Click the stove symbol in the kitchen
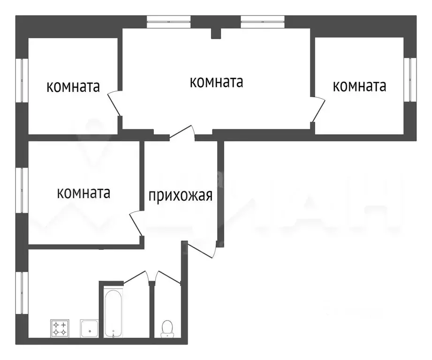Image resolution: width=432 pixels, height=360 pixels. pos(60,328)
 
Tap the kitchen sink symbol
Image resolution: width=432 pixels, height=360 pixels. pos(89,328)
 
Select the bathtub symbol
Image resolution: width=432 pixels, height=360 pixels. pos(113,313)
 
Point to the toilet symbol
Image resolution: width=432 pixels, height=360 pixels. pos(167,328)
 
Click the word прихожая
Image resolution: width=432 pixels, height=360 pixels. pos(181,195)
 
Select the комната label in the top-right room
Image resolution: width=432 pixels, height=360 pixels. pos(359,85)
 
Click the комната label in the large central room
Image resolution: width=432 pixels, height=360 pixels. pos(216,82)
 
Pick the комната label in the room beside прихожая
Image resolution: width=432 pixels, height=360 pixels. pos(84,193)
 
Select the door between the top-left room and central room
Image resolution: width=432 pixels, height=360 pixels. pos(114,104)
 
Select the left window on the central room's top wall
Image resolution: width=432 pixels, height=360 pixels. pos(168,20)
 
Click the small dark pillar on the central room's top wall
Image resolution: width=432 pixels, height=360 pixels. pos(216,33)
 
